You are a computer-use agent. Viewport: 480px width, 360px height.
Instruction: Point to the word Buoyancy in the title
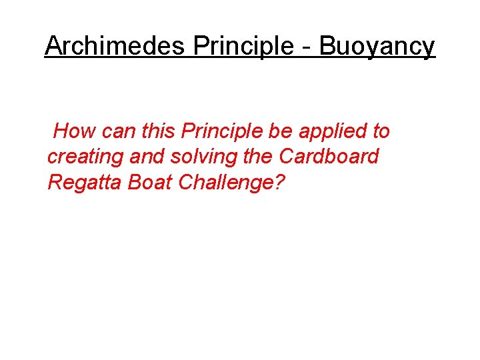point(377,47)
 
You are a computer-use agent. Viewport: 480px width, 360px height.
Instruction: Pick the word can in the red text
point(118,132)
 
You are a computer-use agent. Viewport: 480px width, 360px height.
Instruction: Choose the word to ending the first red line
point(381,131)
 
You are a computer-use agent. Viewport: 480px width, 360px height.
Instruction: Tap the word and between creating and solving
point(147,156)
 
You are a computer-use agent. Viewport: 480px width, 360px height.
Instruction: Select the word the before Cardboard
point(258,156)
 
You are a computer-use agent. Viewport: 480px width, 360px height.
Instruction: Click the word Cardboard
point(329,156)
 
